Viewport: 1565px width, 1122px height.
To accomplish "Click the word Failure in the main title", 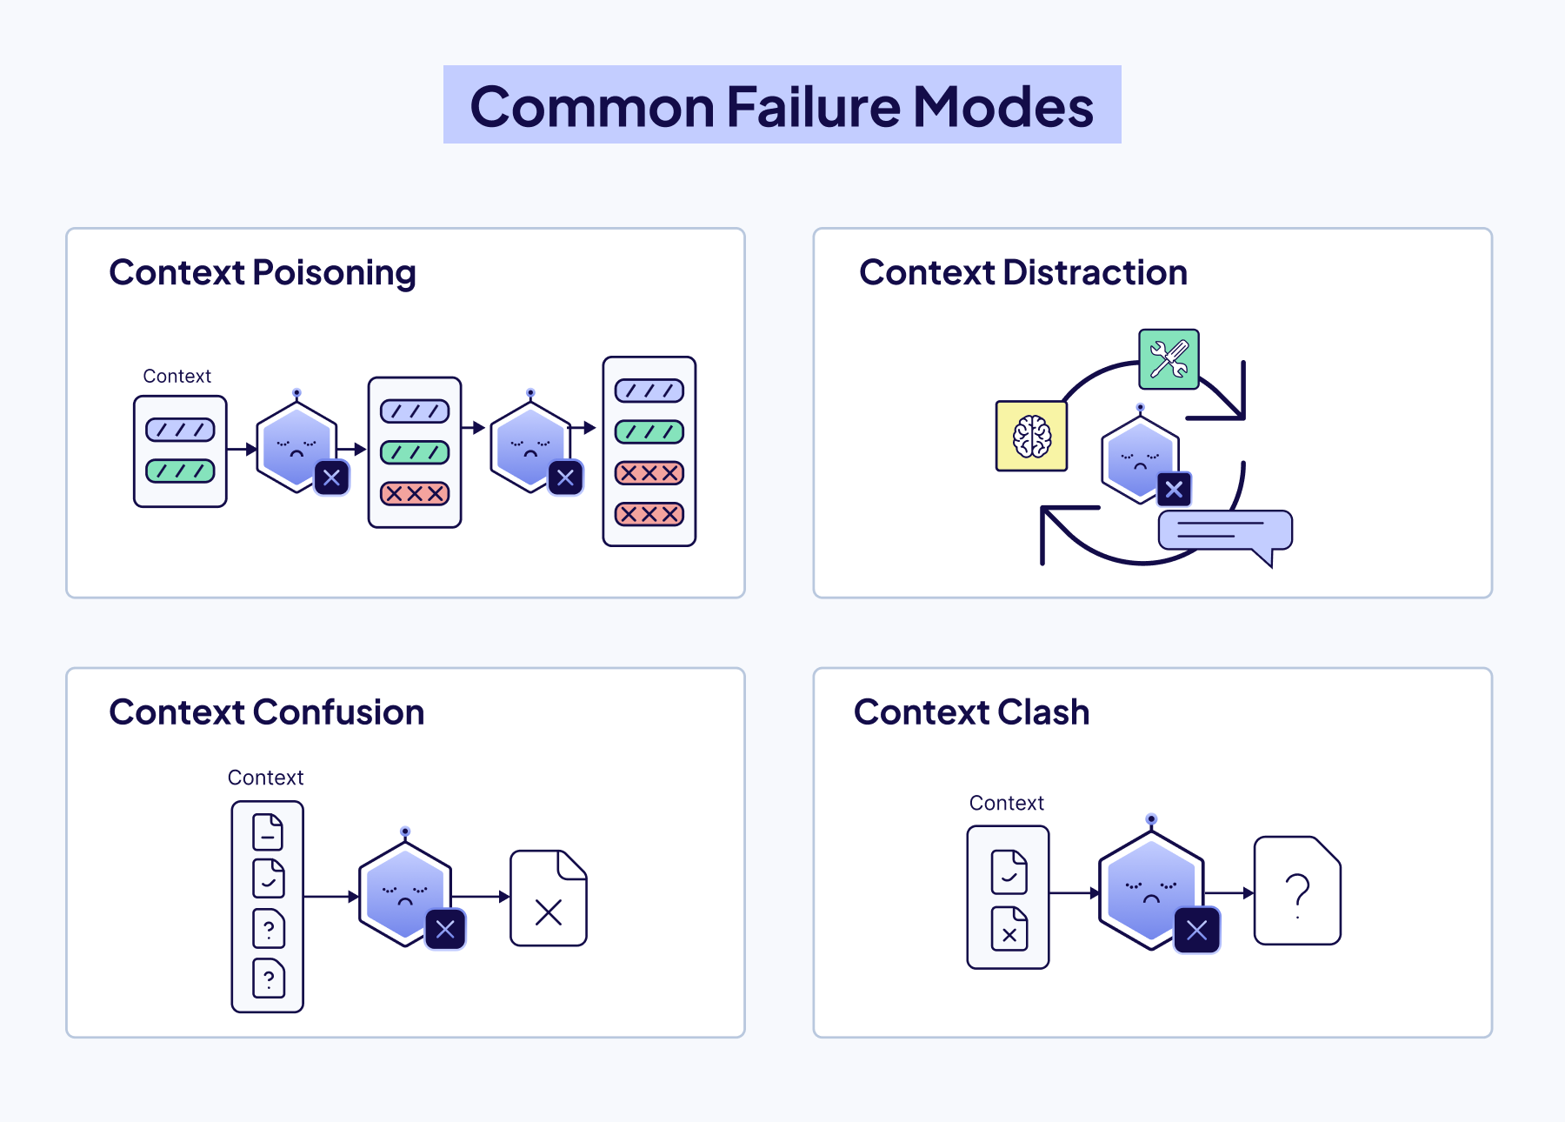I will click(813, 107).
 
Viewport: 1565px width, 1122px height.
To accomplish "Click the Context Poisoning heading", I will click(263, 272).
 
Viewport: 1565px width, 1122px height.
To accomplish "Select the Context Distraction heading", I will click(1022, 272).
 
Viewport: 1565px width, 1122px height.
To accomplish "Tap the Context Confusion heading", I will click(266, 712).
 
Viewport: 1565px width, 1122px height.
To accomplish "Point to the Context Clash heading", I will click(971, 712).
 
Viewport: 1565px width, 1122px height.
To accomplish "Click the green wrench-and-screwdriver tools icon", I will click(1169, 359).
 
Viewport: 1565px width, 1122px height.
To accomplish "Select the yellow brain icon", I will click(1031, 436).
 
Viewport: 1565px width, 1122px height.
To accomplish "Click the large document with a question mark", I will click(1297, 891).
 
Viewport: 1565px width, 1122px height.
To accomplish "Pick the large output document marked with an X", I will click(549, 898).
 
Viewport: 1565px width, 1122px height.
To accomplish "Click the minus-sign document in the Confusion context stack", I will click(268, 832).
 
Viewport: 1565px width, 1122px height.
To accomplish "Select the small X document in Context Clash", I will click(1009, 929).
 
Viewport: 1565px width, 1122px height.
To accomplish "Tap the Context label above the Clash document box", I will click(1006, 803).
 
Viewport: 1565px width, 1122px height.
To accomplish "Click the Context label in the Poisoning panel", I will click(176, 376).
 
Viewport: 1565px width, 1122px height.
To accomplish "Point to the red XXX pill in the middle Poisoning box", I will click(415, 494).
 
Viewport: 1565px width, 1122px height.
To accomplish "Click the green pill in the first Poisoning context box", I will click(180, 471).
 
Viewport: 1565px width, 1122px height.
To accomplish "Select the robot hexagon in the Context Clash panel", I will click(1149, 887).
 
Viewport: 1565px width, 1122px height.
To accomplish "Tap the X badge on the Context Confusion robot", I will click(445, 930).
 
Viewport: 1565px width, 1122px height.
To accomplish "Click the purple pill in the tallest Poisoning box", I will click(649, 391).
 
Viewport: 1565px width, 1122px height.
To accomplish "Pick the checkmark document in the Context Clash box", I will click(1009, 872).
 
